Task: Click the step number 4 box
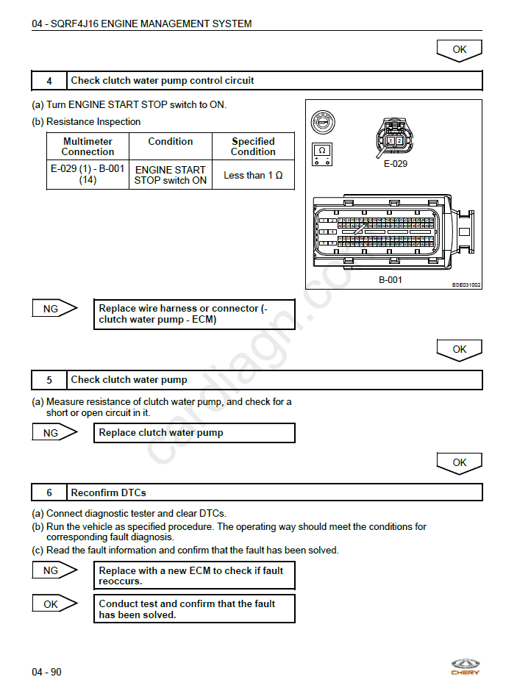point(49,81)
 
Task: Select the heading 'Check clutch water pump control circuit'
point(163,81)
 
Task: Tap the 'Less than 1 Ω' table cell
point(253,176)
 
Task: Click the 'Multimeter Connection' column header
point(88,146)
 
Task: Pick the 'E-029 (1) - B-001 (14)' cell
point(88,175)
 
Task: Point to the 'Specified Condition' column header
point(253,146)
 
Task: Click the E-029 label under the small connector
point(395,164)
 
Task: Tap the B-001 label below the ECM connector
point(391,280)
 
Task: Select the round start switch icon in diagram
point(322,121)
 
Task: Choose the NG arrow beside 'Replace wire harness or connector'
point(54,309)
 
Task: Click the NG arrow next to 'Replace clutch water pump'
point(54,433)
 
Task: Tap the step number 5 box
point(49,380)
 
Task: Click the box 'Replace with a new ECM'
point(195,576)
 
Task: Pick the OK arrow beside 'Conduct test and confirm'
point(54,604)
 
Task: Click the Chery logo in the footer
point(465,667)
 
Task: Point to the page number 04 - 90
point(46,672)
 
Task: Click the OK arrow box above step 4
point(459,50)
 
